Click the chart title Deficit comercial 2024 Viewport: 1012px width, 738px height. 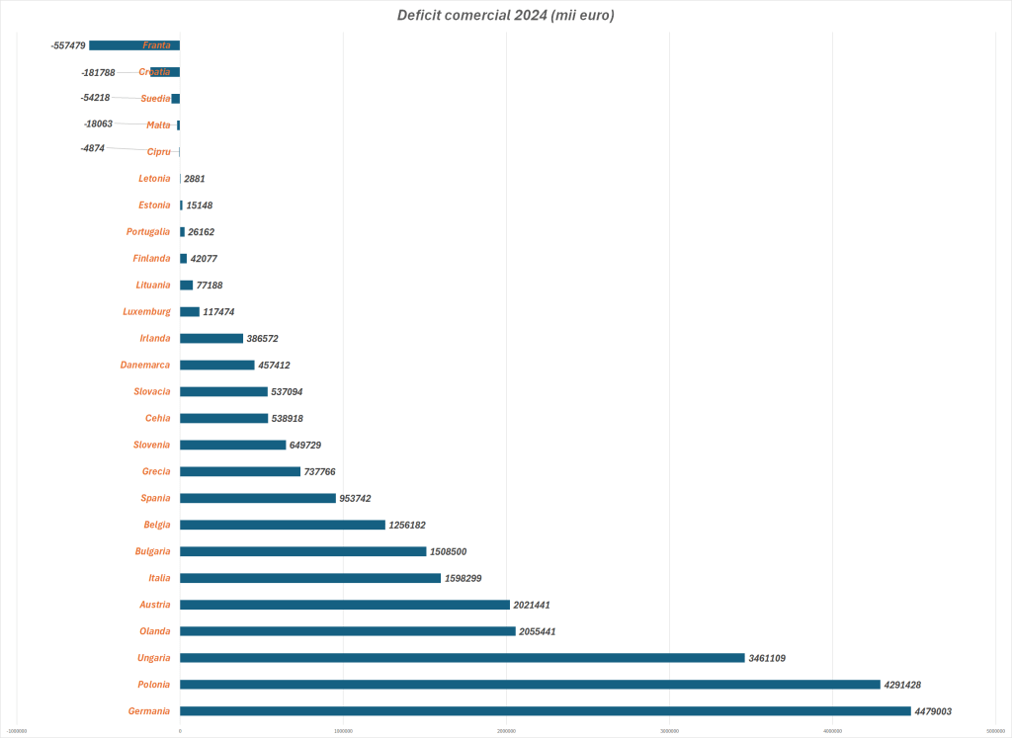click(505, 15)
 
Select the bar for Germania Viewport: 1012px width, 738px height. click(545, 710)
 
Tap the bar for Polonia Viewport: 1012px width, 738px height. click(530, 684)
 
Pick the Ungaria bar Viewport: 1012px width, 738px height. click(462, 657)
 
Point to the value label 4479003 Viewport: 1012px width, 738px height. click(933, 711)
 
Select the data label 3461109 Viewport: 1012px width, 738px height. click(767, 658)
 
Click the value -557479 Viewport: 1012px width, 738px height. click(67, 45)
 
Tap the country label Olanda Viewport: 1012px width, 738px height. click(154, 631)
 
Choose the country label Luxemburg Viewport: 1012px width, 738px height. click(146, 311)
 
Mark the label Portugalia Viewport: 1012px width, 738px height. click(148, 231)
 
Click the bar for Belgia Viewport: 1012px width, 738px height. click(282, 525)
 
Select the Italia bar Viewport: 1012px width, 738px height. click(309, 578)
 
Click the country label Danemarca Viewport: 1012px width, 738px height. click(145, 365)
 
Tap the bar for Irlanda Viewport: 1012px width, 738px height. click(211, 338)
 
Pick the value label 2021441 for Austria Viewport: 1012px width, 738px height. click(532, 605)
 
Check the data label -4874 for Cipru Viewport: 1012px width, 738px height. click(93, 148)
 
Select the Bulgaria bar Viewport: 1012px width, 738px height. click(302, 551)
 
